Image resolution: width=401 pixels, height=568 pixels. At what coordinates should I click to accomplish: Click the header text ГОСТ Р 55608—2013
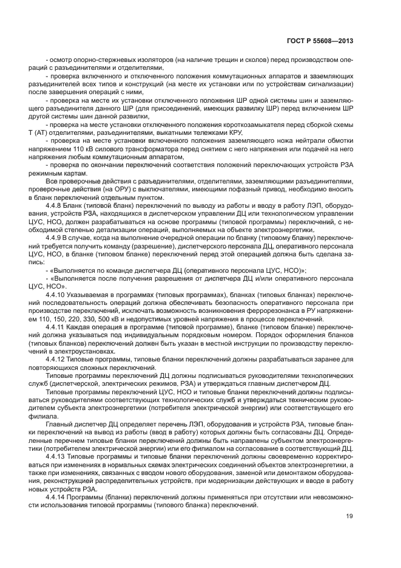pos(320,41)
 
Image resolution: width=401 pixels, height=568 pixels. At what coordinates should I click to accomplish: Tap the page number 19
pos(350,517)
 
